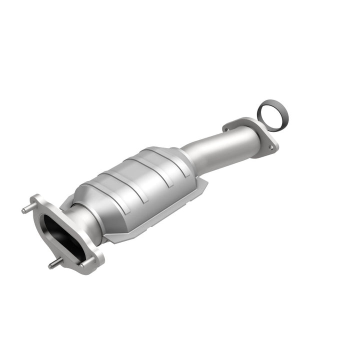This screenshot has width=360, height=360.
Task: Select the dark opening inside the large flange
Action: pos(59,235)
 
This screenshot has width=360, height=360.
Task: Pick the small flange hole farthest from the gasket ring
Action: pos(228,129)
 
